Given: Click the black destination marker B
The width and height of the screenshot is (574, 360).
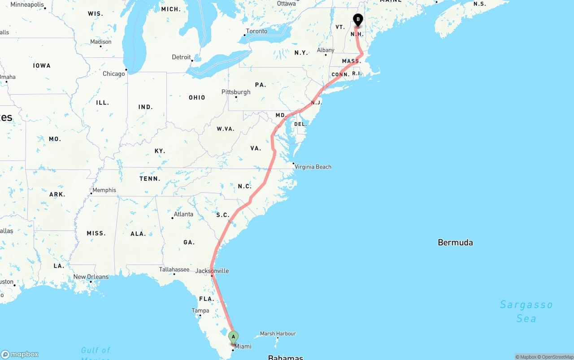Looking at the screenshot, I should [x=358, y=20].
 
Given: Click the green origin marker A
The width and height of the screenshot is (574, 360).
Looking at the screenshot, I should [x=233, y=337].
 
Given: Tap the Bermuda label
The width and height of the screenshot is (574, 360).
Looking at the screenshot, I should [x=455, y=243].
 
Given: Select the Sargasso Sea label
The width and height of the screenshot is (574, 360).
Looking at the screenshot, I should [x=526, y=312].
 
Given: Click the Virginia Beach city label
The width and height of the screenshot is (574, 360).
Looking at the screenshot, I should [x=313, y=167].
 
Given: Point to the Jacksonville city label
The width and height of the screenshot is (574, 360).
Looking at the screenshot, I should [x=212, y=271].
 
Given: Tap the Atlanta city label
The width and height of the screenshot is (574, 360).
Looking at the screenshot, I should [x=183, y=214].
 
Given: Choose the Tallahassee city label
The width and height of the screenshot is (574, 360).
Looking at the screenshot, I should [x=174, y=269].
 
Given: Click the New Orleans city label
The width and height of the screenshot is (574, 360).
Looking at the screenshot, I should [x=91, y=277].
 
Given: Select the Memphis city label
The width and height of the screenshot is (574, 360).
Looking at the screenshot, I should [x=104, y=190].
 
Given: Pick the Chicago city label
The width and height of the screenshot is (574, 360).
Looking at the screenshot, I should [x=114, y=74].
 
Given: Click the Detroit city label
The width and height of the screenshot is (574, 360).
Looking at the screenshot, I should [x=181, y=57].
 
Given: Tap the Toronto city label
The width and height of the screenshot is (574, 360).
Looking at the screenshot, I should [x=257, y=31].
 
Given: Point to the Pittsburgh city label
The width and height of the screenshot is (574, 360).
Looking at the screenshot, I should [x=236, y=92].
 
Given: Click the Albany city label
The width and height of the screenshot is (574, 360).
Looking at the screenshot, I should [x=326, y=50].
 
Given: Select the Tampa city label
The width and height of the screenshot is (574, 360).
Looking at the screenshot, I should [x=200, y=311].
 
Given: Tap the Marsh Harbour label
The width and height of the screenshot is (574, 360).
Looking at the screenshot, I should [x=278, y=334].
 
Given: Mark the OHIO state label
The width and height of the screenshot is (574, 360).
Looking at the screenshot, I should [x=197, y=97].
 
